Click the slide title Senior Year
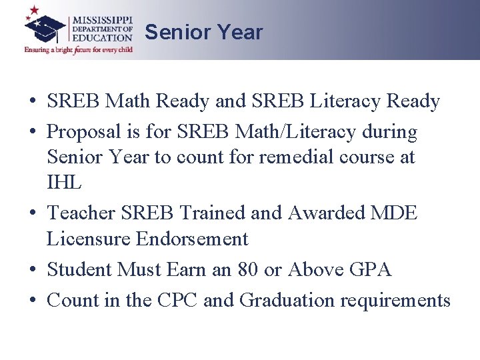(x=203, y=32)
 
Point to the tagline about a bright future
(x=79, y=50)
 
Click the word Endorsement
(x=193, y=239)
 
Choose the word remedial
(x=279, y=157)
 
